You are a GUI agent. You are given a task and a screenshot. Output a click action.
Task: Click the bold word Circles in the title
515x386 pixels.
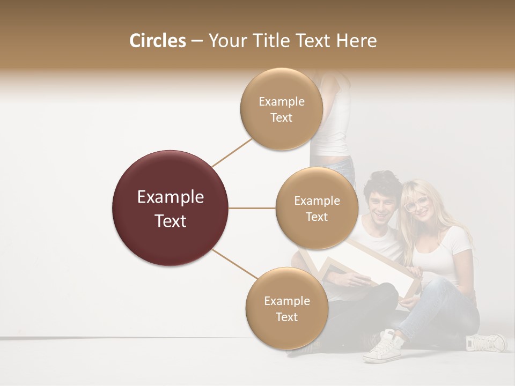[158, 41]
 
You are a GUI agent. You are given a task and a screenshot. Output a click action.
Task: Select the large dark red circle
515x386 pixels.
[170, 208]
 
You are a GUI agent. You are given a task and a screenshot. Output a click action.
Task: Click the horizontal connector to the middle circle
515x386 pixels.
[252, 208]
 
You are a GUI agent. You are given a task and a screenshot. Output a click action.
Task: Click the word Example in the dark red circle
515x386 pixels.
[170, 197]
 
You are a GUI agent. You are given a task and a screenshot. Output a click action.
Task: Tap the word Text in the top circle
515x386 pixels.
[281, 118]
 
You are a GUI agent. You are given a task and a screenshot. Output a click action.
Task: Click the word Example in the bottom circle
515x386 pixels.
[286, 301]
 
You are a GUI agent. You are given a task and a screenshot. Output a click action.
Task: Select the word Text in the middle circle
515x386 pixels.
[317, 217]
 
